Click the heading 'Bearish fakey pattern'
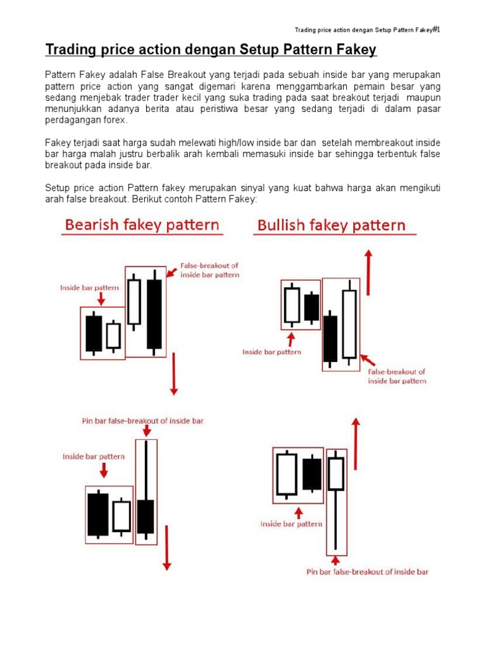tap(142, 225)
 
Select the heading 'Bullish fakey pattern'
tap(331, 225)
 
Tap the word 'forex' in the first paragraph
tap(115, 120)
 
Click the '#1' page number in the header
tap(435, 29)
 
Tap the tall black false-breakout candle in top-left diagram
tap(154, 314)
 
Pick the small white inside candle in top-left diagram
tap(113, 335)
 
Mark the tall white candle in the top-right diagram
tap(349, 323)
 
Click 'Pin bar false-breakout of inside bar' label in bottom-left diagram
tap(143, 421)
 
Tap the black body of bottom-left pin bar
tap(146, 516)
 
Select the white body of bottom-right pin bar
tap(336, 473)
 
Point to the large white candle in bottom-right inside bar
tap(287, 475)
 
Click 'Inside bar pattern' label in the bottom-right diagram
tap(291, 524)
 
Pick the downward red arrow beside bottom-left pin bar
tap(167, 547)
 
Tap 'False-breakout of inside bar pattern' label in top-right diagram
tap(397, 377)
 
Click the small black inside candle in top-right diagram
tap(311, 308)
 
